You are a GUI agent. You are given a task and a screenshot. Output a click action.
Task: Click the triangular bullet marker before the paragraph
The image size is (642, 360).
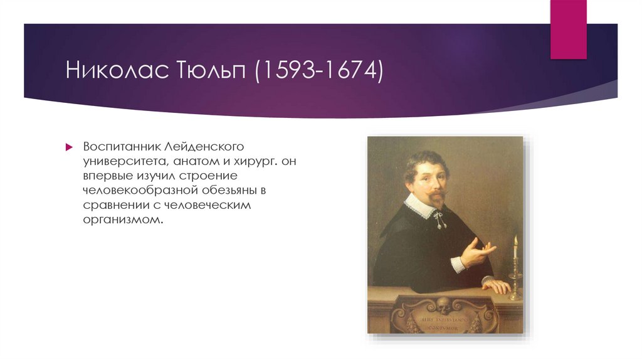coord(70,147)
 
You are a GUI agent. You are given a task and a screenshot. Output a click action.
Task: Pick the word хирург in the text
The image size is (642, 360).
coord(254,161)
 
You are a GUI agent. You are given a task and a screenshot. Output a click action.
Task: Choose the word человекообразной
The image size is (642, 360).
coord(140,191)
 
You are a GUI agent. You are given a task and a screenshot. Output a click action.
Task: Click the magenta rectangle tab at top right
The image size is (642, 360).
coord(568,28)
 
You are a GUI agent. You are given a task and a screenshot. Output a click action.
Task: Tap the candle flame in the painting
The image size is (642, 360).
coord(515,240)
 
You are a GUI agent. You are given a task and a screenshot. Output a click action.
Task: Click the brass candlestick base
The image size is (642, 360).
coord(515,294)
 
